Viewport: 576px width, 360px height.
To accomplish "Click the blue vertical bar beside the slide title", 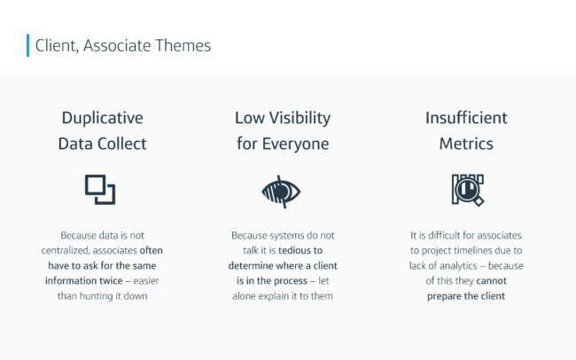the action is click(28, 45).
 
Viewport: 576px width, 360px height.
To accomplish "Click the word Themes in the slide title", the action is click(183, 45).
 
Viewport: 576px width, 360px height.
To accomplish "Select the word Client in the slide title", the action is click(57, 46).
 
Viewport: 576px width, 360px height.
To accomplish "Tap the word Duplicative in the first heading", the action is click(103, 119).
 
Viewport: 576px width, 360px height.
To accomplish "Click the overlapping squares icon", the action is click(100, 190).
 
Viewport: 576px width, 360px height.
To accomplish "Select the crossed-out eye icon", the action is click(281, 192).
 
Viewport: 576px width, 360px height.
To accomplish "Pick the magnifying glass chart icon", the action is click(468, 190).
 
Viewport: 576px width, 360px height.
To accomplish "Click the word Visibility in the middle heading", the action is click(300, 119).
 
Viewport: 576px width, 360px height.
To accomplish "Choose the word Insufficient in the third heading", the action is click(466, 118).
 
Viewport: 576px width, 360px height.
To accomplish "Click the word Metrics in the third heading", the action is click(466, 144).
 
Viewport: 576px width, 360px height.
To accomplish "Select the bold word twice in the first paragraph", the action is click(111, 280).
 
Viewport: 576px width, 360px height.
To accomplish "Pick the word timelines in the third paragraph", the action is click(461, 250).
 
